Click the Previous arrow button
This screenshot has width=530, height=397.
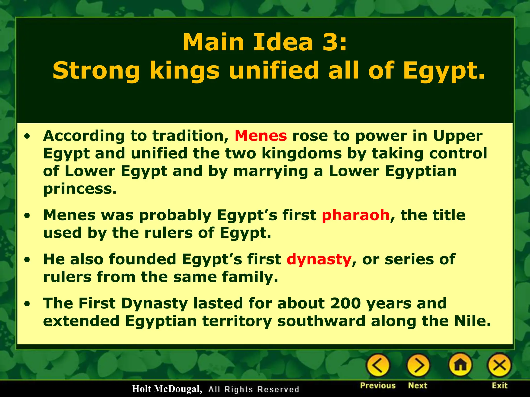pos(378,365)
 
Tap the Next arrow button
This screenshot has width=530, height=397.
pos(418,365)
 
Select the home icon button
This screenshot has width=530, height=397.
pos(461,365)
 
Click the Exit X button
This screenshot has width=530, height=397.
pos(499,365)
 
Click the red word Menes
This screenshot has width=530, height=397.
pos(261,136)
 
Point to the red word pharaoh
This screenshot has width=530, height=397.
pos(356,215)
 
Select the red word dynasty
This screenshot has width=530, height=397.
pos(319,259)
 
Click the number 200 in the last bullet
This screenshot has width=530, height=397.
pos(345,303)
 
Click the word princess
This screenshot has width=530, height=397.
pos(80,189)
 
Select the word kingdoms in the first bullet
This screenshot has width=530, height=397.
pos(301,154)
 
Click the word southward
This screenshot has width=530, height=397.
pos(321,321)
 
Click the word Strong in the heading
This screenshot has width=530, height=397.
pos(96,71)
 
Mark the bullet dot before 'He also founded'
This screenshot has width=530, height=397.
pos(27,260)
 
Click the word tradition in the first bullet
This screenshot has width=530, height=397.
pos(190,136)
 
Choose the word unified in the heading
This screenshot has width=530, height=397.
pos(274,71)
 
